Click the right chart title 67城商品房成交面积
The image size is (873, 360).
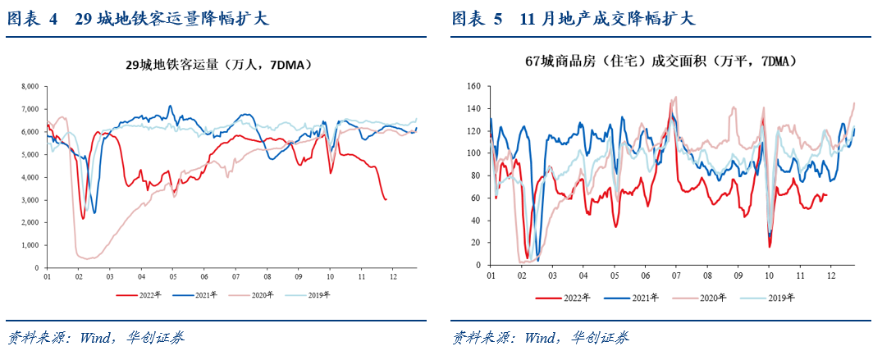[x=661, y=62]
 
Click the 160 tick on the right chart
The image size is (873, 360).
[x=473, y=86]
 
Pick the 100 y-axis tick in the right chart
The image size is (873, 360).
[x=473, y=153]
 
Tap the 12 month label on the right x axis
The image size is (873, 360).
[x=831, y=278]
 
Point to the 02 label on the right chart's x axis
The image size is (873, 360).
[x=522, y=278]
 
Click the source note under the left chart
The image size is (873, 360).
[x=95, y=337]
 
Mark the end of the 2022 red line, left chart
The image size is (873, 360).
[x=386, y=199]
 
